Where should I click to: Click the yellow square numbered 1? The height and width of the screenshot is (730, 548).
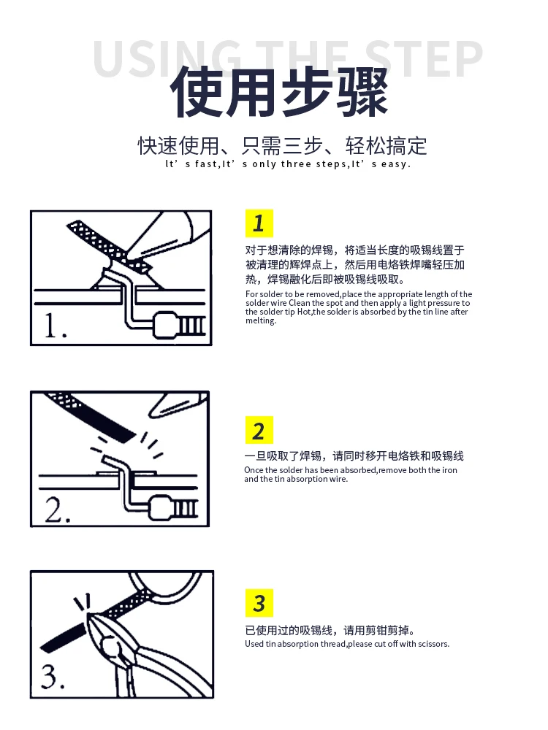(259, 223)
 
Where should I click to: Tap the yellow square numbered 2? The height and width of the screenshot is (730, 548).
(259, 430)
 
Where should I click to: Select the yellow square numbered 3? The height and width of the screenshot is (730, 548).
(259, 603)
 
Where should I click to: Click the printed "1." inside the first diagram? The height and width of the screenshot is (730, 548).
(55, 326)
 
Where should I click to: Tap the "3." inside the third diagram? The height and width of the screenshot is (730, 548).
(53, 677)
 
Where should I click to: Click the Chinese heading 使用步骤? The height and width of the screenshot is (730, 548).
(279, 92)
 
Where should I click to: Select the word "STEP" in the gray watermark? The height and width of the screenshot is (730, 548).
(423, 59)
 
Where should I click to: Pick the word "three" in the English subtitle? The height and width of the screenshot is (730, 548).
(296, 164)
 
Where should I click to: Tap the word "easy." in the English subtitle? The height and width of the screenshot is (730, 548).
(395, 164)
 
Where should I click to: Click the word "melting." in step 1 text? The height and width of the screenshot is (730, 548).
(261, 320)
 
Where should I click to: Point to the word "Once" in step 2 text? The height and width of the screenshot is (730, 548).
(254, 470)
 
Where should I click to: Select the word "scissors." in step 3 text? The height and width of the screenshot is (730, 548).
(433, 644)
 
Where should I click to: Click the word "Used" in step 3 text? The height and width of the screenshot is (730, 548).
(254, 644)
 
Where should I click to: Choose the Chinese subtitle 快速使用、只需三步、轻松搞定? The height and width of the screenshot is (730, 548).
(282, 146)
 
